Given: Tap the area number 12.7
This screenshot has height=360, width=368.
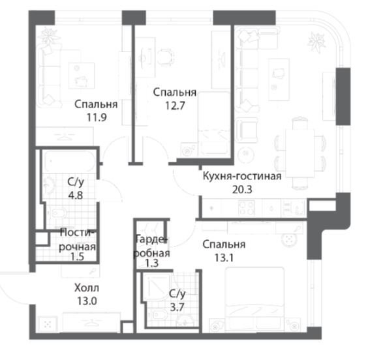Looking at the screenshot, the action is [x=175, y=106].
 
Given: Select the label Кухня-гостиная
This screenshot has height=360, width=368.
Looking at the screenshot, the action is [x=242, y=176].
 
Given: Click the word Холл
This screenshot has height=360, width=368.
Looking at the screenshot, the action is [x=87, y=288].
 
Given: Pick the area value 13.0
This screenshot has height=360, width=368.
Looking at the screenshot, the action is [x=87, y=301].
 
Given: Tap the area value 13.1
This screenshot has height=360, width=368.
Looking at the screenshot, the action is [x=224, y=258].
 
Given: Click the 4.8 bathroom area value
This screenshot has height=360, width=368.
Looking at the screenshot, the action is [x=75, y=195].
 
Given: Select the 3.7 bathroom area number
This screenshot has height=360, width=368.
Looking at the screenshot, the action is [x=177, y=307].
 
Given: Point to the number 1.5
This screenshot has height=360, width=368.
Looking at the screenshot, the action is [x=78, y=257].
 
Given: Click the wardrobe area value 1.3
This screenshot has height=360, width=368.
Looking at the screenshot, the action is [x=152, y=263].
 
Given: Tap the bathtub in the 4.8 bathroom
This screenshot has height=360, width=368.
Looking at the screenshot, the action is [x=70, y=162].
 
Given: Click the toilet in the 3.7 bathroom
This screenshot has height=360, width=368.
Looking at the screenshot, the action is [x=155, y=314].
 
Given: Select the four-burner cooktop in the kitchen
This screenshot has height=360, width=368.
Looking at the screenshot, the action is [x=247, y=208].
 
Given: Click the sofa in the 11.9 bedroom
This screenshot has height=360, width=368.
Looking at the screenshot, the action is [x=50, y=76].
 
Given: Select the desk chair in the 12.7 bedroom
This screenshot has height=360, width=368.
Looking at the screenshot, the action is [x=166, y=57].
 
